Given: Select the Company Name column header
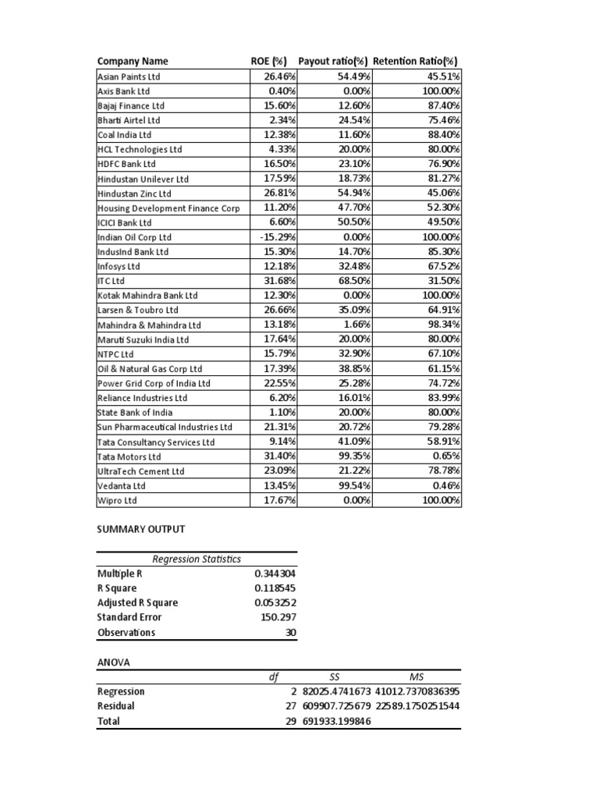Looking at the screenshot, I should click(133, 62).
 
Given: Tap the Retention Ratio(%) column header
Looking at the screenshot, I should click(415, 62).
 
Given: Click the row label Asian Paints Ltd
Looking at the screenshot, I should click(129, 76).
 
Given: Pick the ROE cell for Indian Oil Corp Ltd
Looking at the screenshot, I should click(274, 237).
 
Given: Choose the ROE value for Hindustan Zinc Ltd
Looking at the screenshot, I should click(274, 194).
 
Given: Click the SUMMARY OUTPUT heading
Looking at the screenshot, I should click(141, 529).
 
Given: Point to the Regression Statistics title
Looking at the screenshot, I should click(197, 559).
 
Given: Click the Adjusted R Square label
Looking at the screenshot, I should click(137, 602).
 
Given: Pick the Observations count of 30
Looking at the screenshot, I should click(291, 633).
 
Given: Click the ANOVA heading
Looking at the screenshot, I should click(113, 662).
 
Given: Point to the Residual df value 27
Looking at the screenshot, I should click(290, 706).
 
